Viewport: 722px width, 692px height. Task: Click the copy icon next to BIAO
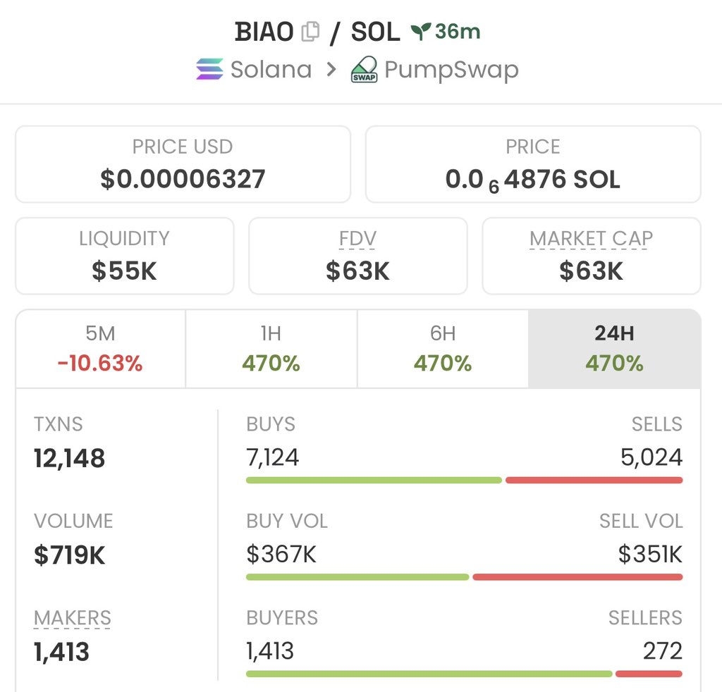click(310, 32)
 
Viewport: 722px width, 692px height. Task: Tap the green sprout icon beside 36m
click(421, 31)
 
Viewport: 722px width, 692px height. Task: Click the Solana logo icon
click(209, 70)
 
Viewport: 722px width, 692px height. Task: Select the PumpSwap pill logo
click(364, 70)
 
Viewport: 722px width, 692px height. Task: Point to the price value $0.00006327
click(183, 179)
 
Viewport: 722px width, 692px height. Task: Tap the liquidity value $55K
click(124, 271)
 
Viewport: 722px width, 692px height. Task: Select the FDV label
click(357, 239)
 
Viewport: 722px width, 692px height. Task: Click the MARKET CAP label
click(591, 239)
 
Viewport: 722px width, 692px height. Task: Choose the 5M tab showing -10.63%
click(100, 349)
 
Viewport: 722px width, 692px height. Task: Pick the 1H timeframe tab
click(271, 349)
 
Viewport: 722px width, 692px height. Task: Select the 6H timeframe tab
click(443, 349)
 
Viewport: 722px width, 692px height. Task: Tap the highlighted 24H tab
click(614, 349)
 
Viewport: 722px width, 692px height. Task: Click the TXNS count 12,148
click(70, 459)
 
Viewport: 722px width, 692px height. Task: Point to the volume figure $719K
click(70, 555)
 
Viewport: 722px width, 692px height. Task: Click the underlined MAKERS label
click(73, 618)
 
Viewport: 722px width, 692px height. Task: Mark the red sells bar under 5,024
click(594, 480)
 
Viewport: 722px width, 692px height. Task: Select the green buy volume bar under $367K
click(357, 577)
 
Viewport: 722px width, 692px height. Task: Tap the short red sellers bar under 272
click(649, 674)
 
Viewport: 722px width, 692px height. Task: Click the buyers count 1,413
click(270, 651)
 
